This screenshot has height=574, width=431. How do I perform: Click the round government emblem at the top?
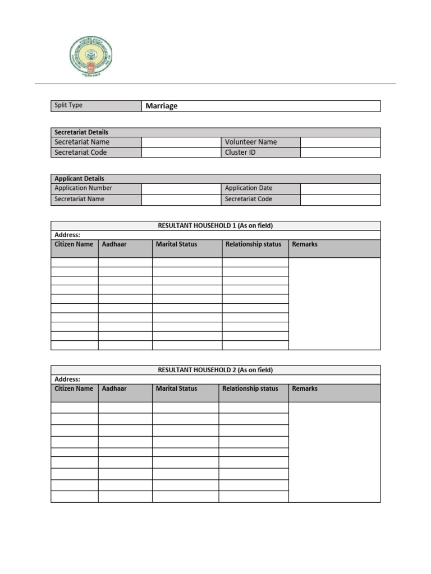(90, 57)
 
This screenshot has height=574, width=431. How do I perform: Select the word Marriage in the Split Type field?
(162, 106)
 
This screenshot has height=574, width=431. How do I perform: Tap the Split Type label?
(68, 105)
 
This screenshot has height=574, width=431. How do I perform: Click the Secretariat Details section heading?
(81, 132)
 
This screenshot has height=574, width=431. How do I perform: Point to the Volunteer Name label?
(251, 142)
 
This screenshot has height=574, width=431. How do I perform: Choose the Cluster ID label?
(240, 152)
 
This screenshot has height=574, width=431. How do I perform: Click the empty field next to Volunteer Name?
(340, 142)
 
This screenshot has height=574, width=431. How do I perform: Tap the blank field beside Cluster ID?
(340, 152)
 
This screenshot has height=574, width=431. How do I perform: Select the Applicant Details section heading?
(79, 179)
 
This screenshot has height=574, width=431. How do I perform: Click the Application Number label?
(83, 188)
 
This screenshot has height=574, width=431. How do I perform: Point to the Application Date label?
(249, 188)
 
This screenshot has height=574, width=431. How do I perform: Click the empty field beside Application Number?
(182, 188)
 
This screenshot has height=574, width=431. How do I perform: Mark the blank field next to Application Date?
(340, 188)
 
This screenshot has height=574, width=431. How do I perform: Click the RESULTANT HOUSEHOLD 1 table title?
(215, 226)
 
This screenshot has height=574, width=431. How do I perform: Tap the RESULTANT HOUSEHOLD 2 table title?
(215, 370)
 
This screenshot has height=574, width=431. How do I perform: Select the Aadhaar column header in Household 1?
(114, 244)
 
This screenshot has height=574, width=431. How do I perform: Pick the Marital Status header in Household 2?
(176, 388)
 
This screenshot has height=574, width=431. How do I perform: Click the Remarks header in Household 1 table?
(305, 244)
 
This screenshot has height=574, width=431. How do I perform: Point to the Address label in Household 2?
(67, 379)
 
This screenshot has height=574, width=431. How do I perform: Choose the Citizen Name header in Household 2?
(74, 388)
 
